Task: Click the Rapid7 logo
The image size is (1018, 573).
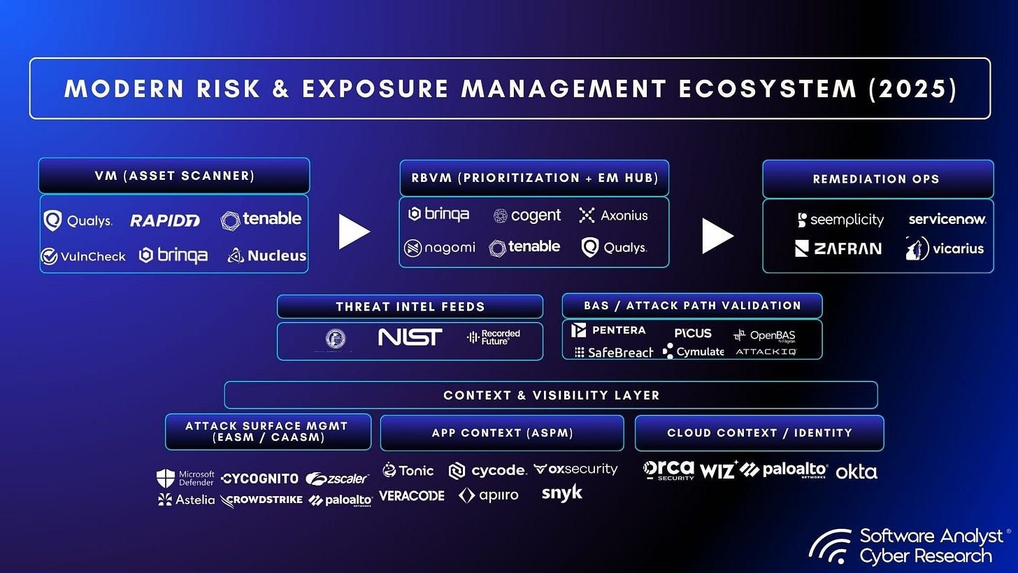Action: [x=165, y=220]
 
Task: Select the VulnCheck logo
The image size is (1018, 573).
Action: [x=83, y=256]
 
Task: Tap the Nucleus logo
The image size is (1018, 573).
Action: [x=267, y=255]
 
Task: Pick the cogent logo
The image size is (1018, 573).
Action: [x=527, y=215]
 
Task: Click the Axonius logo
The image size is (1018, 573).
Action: [x=613, y=215]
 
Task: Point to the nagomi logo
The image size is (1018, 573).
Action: [x=440, y=248]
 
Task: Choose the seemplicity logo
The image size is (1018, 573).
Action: [x=840, y=220]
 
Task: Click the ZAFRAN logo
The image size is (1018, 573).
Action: [x=838, y=248]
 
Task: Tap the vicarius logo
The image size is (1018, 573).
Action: [x=945, y=248]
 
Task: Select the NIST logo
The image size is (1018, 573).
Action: [x=410, y=338]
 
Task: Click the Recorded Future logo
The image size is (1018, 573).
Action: [x=494, y=337]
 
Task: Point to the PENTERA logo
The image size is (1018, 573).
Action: [x=608, y=330]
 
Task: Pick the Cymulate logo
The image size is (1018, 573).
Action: [x=694, y=351]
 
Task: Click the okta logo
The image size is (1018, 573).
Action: [x=856, y=472]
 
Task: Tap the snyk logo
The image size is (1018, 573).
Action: [x=561, y=493]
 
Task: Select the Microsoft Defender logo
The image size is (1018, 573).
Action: [x=186, y=478]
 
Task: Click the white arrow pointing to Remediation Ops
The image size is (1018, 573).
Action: [x=717, y=235]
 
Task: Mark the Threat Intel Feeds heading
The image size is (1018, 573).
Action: [x=410, y=306]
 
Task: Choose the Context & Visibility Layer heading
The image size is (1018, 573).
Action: [x=551, y=395]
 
